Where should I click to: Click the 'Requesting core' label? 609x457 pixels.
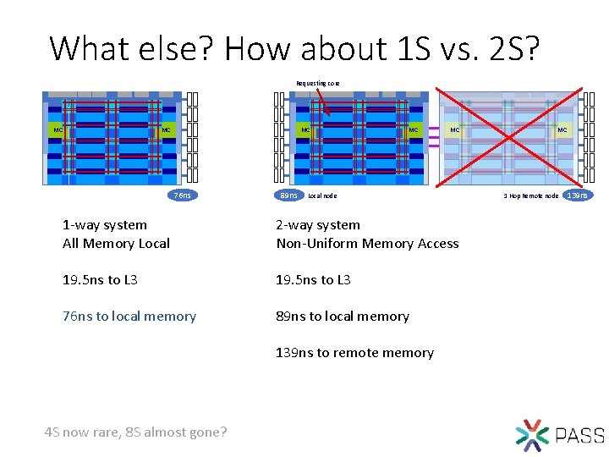317,83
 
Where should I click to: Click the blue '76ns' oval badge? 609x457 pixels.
181,195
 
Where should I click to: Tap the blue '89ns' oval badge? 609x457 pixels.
288,195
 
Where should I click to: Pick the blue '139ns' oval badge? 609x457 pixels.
578,195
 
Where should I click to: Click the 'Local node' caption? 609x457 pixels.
322,195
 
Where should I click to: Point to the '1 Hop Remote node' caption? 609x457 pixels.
530,195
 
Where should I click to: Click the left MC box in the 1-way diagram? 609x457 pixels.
58,130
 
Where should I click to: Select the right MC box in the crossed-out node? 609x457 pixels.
562,130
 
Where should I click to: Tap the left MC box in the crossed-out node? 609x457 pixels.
454,130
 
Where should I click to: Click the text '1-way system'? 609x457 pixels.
105,225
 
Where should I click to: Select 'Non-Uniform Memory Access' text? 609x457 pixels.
368,244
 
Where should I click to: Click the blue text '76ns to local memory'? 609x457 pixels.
129,317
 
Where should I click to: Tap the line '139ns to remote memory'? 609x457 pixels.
354,353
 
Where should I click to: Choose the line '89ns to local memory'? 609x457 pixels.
343,317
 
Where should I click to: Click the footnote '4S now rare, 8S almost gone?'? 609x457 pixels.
135,432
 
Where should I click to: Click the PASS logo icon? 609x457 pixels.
532,433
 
